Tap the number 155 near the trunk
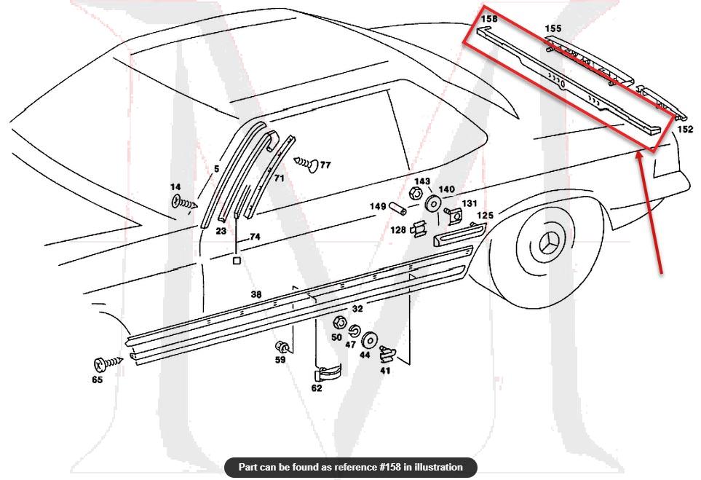click(553, 28)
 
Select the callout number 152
click(685, 130)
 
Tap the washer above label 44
click(367, 339)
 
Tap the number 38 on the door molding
click(256, 294)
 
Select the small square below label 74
click(237, 259)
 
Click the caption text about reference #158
click(350, 467)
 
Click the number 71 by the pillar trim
click(280, 178)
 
